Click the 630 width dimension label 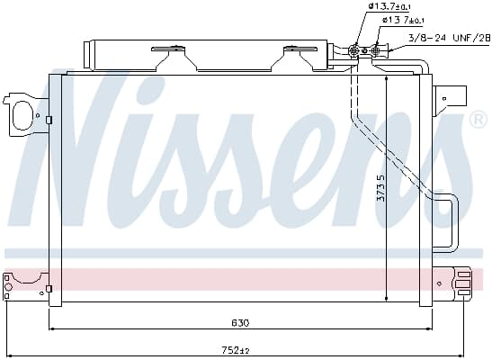point(241,323)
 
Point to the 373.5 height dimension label point(380,188)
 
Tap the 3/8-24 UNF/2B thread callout point(450,39)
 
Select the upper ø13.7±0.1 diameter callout point(390,6)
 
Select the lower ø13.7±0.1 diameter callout point(403,20)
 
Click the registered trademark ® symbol point(478,120)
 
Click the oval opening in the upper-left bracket point(21,115)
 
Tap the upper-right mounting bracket point(449,101)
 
